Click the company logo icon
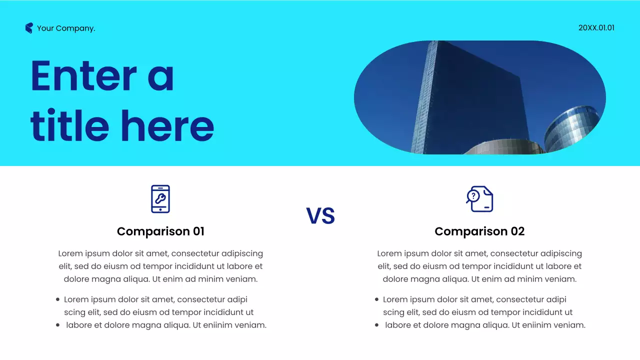pyautogui.click(x=29, y=28)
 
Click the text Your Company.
pyautogui.click(x=66, y=28)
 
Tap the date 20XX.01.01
pyautogui.click(x=596, y=28)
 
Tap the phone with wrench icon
pyautogui.click(x=160, y=199)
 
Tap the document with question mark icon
pyautogui.click(x=479, y=199)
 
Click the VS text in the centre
pyautogui.click(x=320, y=216)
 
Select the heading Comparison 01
pyautogui.click(x=160, y=231)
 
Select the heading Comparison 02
pyautogui.click(x=479, y=231)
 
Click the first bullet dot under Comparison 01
pyautogui.click(x=58, y=299)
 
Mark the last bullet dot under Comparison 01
pyautogui.click(x=58, y=325)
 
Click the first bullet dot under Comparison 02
pyautogui.click(x=376, y=299)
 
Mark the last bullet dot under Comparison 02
pyautogui.click(x=376, y=325)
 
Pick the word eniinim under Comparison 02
pyautogui.click(x=526, y=325)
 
